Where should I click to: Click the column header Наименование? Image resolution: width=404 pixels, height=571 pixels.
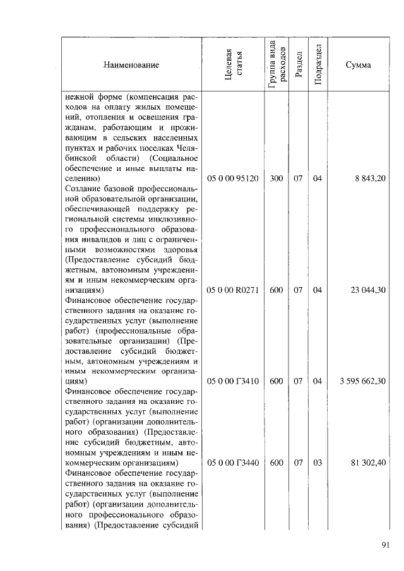pyautogui.click(x=131, y=65)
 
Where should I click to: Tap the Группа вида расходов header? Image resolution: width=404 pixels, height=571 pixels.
pyautogui.click(x=276, y=64)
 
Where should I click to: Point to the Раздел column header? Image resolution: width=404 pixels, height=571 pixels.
pyautogui.click(x=299, y=64)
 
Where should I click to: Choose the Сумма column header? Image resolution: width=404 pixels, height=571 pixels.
pyautogui.click(x=358, y=65)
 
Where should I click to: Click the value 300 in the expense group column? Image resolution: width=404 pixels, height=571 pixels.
pyautogui.click(x=276, y=179)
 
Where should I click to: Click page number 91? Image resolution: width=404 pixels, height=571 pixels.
pyautogui.click(x=386, y=546)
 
